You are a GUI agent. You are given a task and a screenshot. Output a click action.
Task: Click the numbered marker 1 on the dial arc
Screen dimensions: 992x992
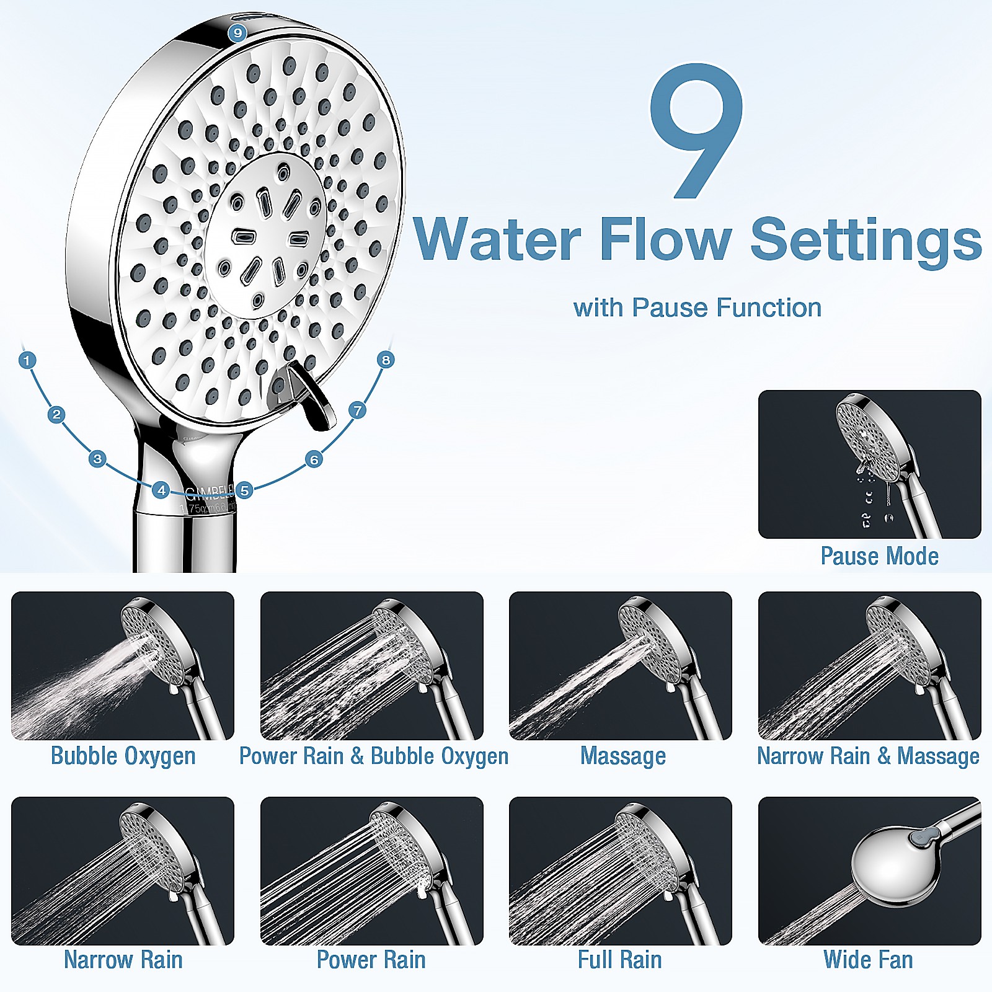tap(27, 360)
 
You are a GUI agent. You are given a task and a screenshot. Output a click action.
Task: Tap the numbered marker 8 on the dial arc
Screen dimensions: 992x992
tap(386, 360)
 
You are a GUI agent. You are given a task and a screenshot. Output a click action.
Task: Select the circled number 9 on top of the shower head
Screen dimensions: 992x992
tap(237, 33)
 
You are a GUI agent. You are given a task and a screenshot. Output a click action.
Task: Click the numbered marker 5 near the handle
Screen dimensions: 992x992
tap(245, 490)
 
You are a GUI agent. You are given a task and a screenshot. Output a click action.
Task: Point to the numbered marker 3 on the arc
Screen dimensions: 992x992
tap(97, 459)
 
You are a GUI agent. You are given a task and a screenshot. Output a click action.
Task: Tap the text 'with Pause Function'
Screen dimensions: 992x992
tap(697, 308)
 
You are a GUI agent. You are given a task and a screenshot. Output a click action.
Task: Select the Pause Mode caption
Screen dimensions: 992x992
tap(879, 556)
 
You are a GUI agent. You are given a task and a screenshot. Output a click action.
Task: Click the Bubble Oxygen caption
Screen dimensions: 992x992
tap(123, 756)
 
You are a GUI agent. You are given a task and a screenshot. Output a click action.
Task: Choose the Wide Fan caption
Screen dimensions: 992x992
tap(868, 960)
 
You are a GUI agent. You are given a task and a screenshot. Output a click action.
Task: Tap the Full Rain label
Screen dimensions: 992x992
tap(619, 960)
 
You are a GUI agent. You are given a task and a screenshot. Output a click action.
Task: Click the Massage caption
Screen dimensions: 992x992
tap(622, 756)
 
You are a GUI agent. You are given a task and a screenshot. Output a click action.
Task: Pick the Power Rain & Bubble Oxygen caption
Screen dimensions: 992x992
tap(373, 756)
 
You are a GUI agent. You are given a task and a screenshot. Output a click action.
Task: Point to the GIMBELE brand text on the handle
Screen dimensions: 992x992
tap(210, 494)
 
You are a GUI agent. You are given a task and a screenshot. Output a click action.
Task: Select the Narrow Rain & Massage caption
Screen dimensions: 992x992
tap(868, 756)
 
